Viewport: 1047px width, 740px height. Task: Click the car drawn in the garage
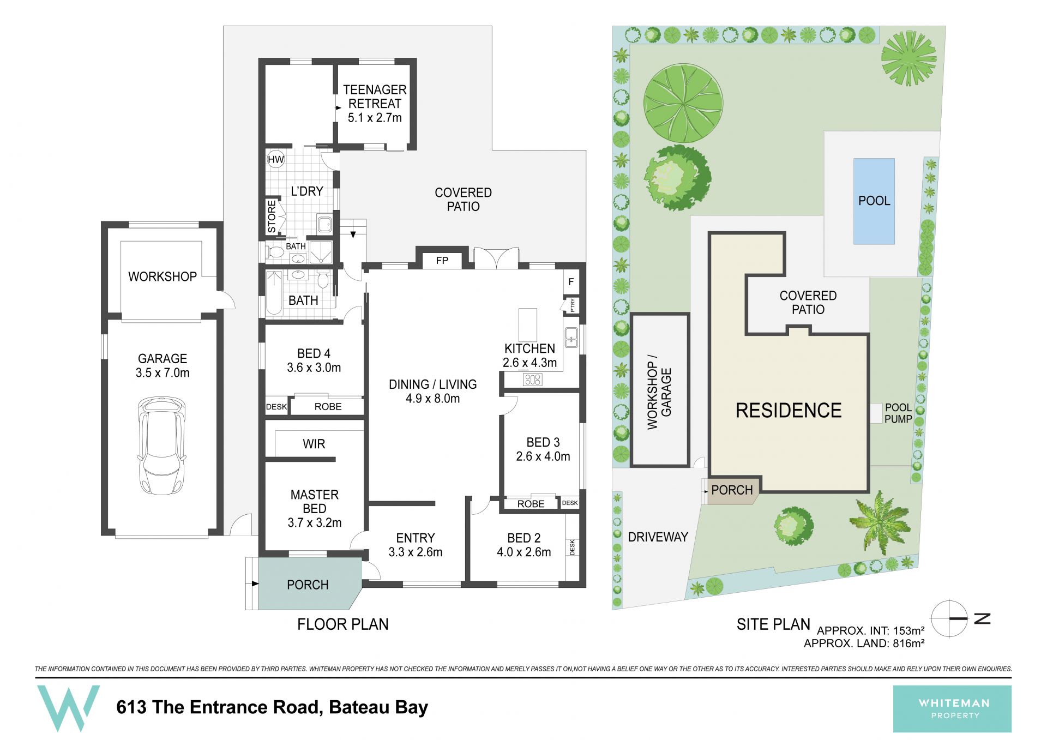click(161, 446)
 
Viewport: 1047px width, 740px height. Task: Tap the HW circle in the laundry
click(276, 159)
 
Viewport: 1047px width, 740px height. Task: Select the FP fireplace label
click(442, 261)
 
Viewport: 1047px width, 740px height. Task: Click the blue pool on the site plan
click(874, 201)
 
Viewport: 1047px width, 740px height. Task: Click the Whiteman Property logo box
click(952, 708)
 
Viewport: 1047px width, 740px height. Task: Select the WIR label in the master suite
click(314, 444)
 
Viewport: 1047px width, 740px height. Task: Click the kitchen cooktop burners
click(532, 380)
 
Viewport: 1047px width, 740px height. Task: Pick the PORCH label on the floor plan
click(308, 585)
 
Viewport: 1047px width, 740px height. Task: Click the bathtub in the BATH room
click(274, 293)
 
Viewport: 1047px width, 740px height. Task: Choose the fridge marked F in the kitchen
click(571, 282)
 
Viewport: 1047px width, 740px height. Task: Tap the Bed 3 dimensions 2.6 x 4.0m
click(543, 456)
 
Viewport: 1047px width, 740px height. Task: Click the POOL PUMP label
click(898, 413)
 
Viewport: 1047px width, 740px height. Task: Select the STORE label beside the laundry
click(272, 216)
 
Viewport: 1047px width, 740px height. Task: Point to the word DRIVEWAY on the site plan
click(658, 537)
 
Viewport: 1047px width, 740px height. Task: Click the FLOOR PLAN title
click(342, 624)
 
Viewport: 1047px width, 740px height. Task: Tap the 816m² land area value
click(908, 643)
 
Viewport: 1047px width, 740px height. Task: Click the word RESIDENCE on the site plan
click(789, 411)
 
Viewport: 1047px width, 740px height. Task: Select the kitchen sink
click(571, 338)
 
